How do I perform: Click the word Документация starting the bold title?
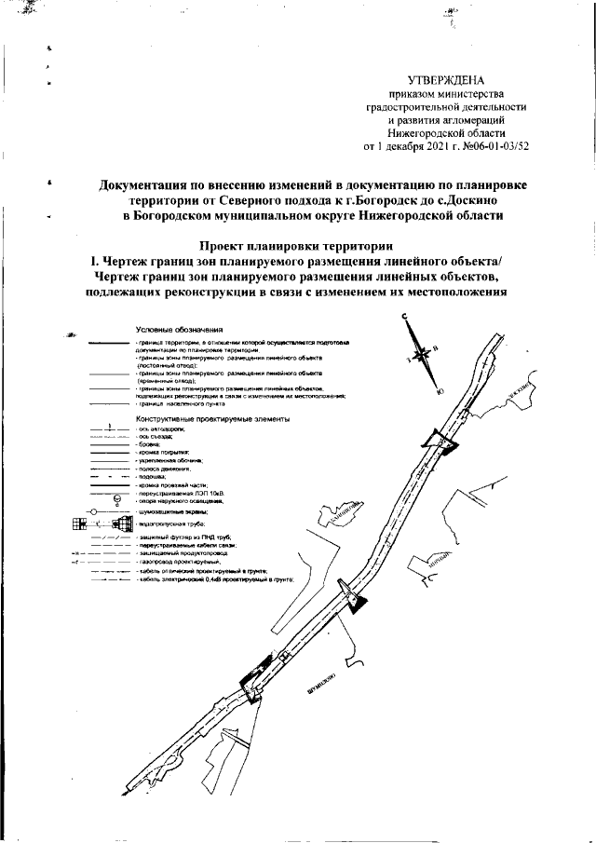147,184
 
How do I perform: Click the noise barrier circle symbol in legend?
92,511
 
